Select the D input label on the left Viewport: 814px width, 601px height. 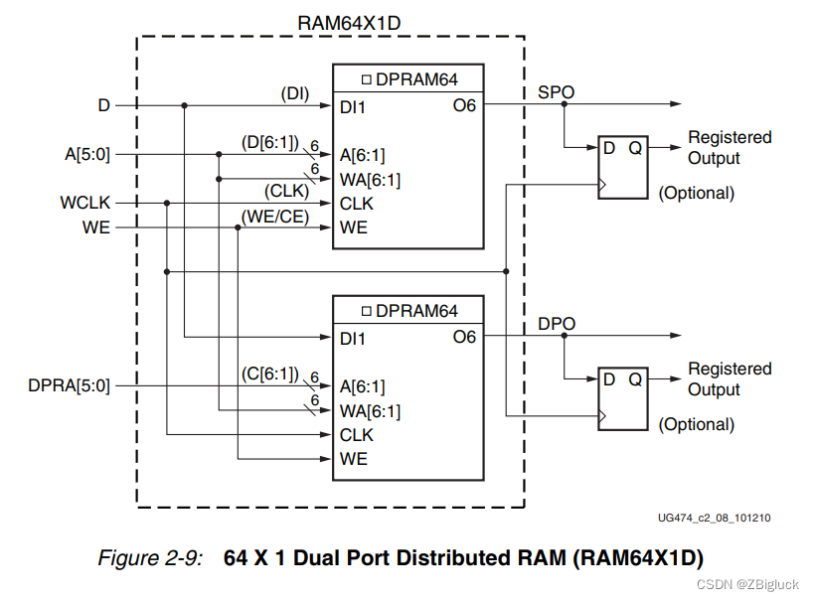(103, 104)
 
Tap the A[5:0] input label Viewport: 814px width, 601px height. (87, 154)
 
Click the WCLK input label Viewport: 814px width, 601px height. (86, 203)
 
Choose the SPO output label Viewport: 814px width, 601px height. (556, 92)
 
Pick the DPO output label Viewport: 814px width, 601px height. (556, 324)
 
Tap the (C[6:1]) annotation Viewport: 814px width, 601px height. (270, 375)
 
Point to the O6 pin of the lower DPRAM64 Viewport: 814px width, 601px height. (464, 338)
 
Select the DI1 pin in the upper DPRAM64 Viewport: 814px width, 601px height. (353, 106)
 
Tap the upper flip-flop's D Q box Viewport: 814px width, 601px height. (622, 167)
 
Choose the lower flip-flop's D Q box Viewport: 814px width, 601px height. (622, 398)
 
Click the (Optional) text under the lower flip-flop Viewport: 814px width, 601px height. (697, 424)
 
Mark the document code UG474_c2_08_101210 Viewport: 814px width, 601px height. (714, 518)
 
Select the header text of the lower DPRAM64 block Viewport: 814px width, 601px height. (407, 311)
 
